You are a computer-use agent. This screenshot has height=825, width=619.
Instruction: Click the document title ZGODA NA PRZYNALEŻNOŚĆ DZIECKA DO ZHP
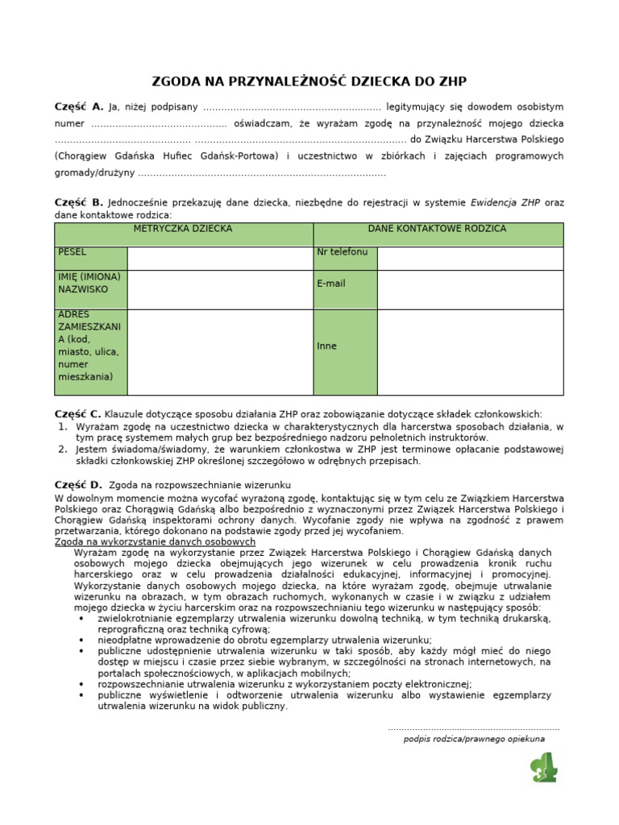click(x=309, y=81)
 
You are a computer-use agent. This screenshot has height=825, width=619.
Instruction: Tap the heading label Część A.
click(x=79, y=106)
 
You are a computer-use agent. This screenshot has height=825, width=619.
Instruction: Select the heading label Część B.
click(x=79, y=202)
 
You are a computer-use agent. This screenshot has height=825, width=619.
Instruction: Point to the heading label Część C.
click(x=79, y=413)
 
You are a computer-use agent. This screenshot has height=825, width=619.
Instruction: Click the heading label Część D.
click(x=79, y=485)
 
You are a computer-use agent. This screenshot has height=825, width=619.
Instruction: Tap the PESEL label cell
click(x=90, y=258)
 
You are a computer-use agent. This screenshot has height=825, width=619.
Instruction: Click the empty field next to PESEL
click(x=219, y=258)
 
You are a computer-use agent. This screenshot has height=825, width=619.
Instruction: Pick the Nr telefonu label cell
click(x=345, y=258)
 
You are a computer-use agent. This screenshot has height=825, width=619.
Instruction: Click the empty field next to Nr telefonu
click(x=470, y=258)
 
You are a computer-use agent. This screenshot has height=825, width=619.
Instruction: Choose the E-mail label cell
click(x=345, y=289)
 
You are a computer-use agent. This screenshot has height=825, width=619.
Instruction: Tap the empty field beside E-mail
click(x=470, y=289)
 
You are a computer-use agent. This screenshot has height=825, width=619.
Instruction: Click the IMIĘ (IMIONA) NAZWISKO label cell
click(x=90, y=289)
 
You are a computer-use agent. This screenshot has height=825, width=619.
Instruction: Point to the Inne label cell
click(x=345, y=352)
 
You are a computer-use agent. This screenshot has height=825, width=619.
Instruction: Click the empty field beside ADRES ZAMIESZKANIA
click(x=219, y=352)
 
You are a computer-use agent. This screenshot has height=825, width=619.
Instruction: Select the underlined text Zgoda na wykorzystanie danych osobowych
click(x=155, y=543)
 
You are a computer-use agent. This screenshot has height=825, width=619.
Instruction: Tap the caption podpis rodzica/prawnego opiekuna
click(x=474, y=738)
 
